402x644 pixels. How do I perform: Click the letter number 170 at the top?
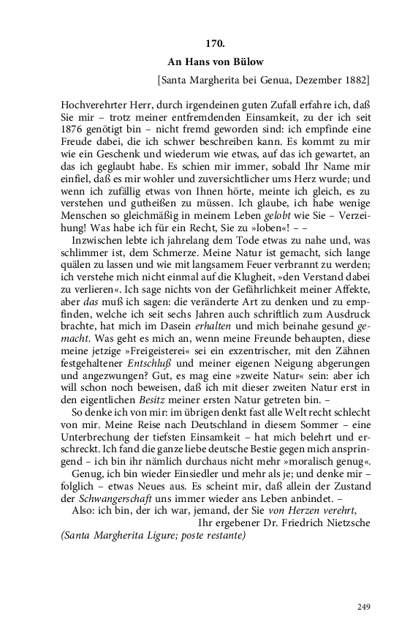pos(216,44)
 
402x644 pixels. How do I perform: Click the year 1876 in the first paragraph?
pos(75,131)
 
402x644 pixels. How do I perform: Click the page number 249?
pos(365,606)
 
